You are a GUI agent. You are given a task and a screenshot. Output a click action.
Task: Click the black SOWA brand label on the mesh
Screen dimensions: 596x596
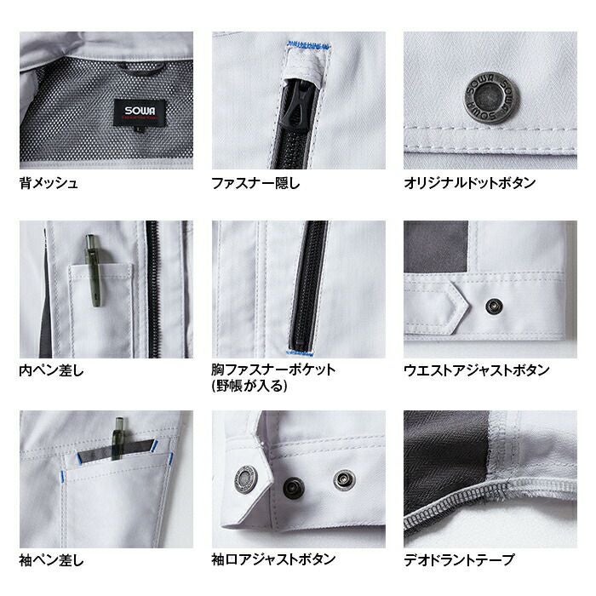(140, 112)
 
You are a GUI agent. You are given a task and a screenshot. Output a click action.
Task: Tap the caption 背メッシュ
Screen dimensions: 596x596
(49, 183)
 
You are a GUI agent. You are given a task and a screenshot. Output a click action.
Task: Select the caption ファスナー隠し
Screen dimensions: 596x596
(255, 183)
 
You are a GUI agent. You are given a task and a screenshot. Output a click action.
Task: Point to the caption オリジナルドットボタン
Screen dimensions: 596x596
(470, 183)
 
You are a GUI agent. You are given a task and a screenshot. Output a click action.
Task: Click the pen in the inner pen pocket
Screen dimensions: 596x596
(94, 270)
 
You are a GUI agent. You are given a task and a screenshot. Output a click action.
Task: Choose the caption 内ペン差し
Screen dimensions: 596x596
(52, 370)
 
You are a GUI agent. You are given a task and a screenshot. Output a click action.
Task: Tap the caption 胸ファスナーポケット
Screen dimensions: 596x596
(273, 370)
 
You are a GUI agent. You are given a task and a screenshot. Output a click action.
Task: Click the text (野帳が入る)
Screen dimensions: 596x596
(249, 386)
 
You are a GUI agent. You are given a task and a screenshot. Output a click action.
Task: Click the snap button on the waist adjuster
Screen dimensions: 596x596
(495, 306)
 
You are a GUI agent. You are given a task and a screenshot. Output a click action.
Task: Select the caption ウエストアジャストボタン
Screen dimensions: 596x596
(477, 370)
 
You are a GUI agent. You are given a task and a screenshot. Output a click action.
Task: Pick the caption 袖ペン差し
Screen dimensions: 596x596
(52, 560)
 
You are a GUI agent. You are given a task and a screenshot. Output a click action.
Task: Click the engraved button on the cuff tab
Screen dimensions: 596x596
(246, 479)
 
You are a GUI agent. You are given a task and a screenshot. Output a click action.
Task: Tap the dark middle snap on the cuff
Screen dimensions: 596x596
(294, 488)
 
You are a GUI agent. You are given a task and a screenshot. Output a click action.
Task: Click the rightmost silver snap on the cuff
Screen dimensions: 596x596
(344, 480)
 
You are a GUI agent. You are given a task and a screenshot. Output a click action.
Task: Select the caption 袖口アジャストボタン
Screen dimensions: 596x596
(273, 559)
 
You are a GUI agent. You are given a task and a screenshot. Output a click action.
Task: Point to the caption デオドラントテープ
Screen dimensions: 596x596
(459, 560)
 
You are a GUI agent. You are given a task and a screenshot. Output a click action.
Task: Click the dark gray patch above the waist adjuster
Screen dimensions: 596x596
(436, 247)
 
